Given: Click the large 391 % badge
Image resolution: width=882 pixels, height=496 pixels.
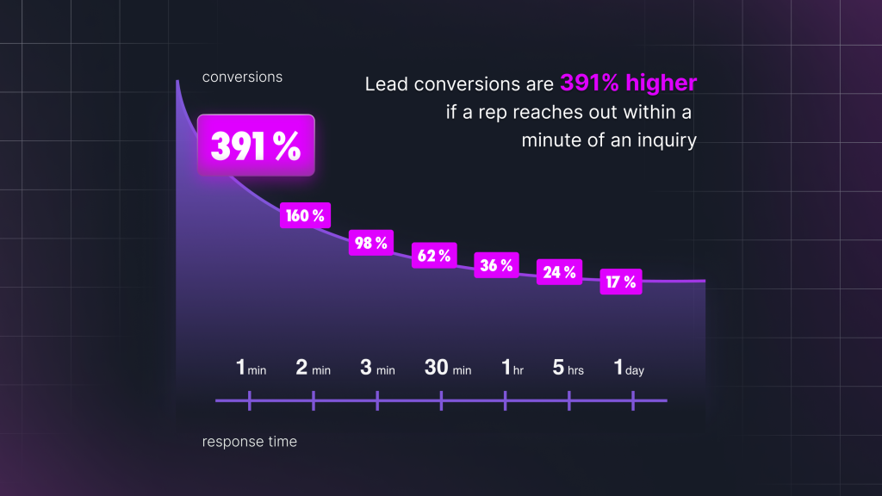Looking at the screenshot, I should pos(257,146).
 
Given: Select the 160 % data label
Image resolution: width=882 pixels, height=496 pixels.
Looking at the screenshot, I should pos(306,215).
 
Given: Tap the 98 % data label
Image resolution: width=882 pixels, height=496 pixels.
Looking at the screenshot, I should pos(371,243).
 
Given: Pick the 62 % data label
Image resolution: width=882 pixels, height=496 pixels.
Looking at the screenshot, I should pos(434,255).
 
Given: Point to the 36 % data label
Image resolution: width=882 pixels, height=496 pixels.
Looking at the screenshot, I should pos(497,265).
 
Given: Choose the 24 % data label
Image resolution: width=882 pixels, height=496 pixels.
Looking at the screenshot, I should pos(559,272).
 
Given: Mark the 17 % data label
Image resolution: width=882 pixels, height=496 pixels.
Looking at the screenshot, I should pos(621,281).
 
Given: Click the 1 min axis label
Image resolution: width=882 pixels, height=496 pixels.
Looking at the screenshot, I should pos(251,369).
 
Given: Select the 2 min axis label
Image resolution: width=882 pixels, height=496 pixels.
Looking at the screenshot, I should pos(314,369).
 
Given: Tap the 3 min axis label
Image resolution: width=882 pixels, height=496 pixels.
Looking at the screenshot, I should pos(378,369).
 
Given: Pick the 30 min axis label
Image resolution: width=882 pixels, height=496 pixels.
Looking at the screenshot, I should pos(448,369).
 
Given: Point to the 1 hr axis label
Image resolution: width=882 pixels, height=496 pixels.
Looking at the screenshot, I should pos(513,369).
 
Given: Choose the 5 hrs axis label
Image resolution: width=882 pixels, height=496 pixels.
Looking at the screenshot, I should pos(568,369).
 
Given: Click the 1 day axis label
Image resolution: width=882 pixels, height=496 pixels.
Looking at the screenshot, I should pos(629,369).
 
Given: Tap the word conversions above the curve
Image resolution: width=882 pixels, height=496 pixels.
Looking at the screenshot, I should pos(242,77).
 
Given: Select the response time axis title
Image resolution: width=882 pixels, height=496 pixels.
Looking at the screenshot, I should pos(250,442).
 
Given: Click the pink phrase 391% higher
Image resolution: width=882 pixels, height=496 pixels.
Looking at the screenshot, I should pos(628,83).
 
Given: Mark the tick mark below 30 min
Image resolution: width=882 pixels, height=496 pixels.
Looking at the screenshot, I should pos(442,400).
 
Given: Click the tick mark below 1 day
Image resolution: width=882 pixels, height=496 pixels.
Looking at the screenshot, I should pos(633,400).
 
